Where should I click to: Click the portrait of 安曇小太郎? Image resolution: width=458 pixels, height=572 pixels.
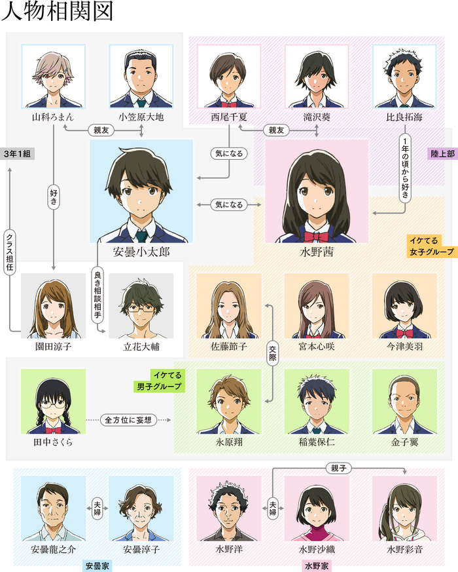[x=141, y=190]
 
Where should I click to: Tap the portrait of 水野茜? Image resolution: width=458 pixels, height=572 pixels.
[x=317, y=190]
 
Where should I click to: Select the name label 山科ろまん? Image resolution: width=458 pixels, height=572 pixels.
[x=53, y=117]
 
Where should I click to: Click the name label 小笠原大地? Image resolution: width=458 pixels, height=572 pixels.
[x=141, y=117]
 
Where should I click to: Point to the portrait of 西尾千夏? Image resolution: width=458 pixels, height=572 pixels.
[x=228, y=75]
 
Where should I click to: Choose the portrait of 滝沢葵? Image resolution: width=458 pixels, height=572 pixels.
[x=317, y=75]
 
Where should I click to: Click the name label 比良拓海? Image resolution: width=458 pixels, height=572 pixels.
[x=404, y=117]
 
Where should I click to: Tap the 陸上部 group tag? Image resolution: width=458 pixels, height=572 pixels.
[x=442, y=153]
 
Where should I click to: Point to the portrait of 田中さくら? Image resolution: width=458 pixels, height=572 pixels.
[x=53, y=401]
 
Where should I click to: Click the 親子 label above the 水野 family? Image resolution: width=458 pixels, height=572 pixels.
[x=339, y=468]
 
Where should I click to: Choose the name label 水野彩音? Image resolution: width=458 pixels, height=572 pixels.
[x=404, y=549]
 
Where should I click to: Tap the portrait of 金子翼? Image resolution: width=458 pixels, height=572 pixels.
[x=404, y=401]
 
